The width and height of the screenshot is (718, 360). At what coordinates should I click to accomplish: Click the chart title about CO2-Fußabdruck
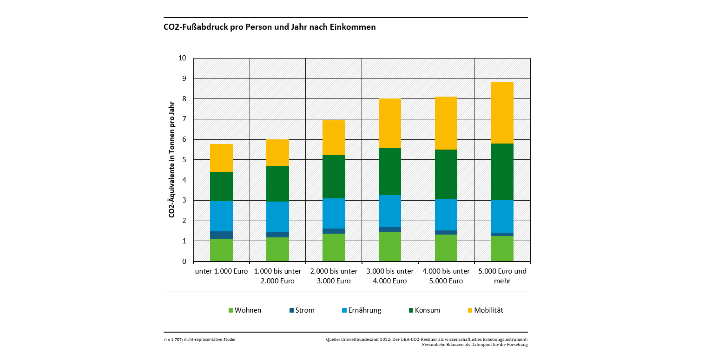coord(270,27)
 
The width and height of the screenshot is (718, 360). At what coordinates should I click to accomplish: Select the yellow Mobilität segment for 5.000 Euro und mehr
coord(502,112)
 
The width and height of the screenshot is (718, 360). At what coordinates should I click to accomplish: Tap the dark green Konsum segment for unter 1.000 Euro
coord(221,186)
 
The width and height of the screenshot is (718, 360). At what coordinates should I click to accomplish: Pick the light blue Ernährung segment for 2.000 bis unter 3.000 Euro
coord(334,213)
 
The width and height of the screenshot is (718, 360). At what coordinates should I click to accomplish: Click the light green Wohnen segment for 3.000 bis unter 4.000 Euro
coord(389,246)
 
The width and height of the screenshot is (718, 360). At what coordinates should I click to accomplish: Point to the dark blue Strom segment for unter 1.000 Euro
coord(221,235)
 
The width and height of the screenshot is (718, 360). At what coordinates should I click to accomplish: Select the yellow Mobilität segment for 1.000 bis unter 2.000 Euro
coord(277,152)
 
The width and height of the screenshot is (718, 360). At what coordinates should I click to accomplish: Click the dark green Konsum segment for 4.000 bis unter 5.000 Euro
coord(446,174)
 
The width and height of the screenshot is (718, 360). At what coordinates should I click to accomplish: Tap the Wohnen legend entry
coord(245,310)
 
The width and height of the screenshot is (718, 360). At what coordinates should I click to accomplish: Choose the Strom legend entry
coord(302,310)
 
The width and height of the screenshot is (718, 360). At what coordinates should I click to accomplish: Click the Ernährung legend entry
coord(361,310)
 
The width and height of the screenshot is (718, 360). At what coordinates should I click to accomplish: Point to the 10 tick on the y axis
coord(182,58)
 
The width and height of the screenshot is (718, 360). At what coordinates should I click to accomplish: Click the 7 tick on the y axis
coord(184,119)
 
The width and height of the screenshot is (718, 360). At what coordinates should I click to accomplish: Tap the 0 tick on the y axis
coord(184,262)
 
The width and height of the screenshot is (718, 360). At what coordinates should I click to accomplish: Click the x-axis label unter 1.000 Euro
coord(221,271)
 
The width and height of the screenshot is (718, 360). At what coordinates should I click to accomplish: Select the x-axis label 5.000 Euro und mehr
coord(502,276)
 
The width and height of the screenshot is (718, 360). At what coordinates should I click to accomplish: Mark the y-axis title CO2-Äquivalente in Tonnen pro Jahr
coord(171,159)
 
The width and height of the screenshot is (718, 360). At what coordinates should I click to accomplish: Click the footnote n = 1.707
coord(200,340)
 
